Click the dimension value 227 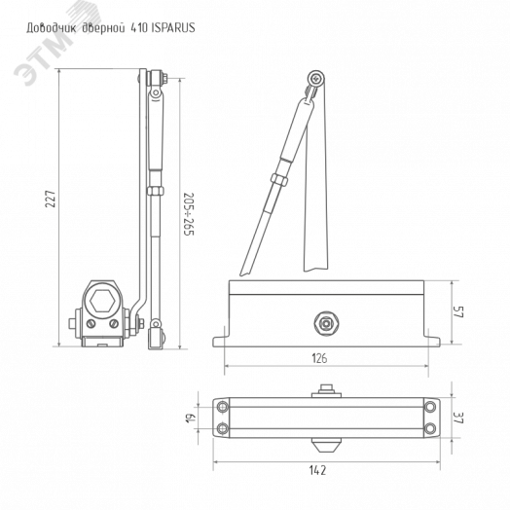click(51, 199)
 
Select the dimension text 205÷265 click(188, 214)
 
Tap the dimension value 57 click(458, 311)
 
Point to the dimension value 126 click(319, 358)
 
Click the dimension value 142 click(317, 470)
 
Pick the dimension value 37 click(458, 418)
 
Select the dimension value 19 click(191, 418)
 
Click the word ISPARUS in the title click(173, 27)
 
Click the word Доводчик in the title click(52, 28)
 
